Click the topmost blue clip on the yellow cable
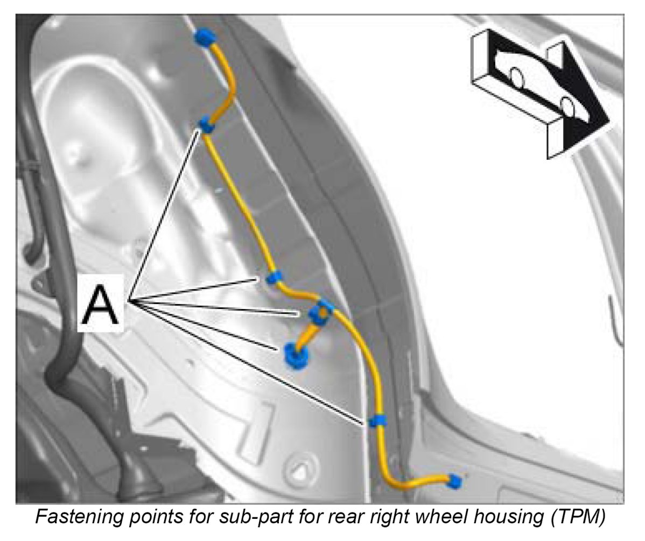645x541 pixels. pyautogui.click(x=205, y=38)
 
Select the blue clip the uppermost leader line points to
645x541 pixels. pyautogui.click(x=206, y=125)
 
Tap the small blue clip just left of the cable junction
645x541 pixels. pyautogui.click(x=274, y=278)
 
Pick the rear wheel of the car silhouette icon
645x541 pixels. pyautogui.click(x=517, y=78)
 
